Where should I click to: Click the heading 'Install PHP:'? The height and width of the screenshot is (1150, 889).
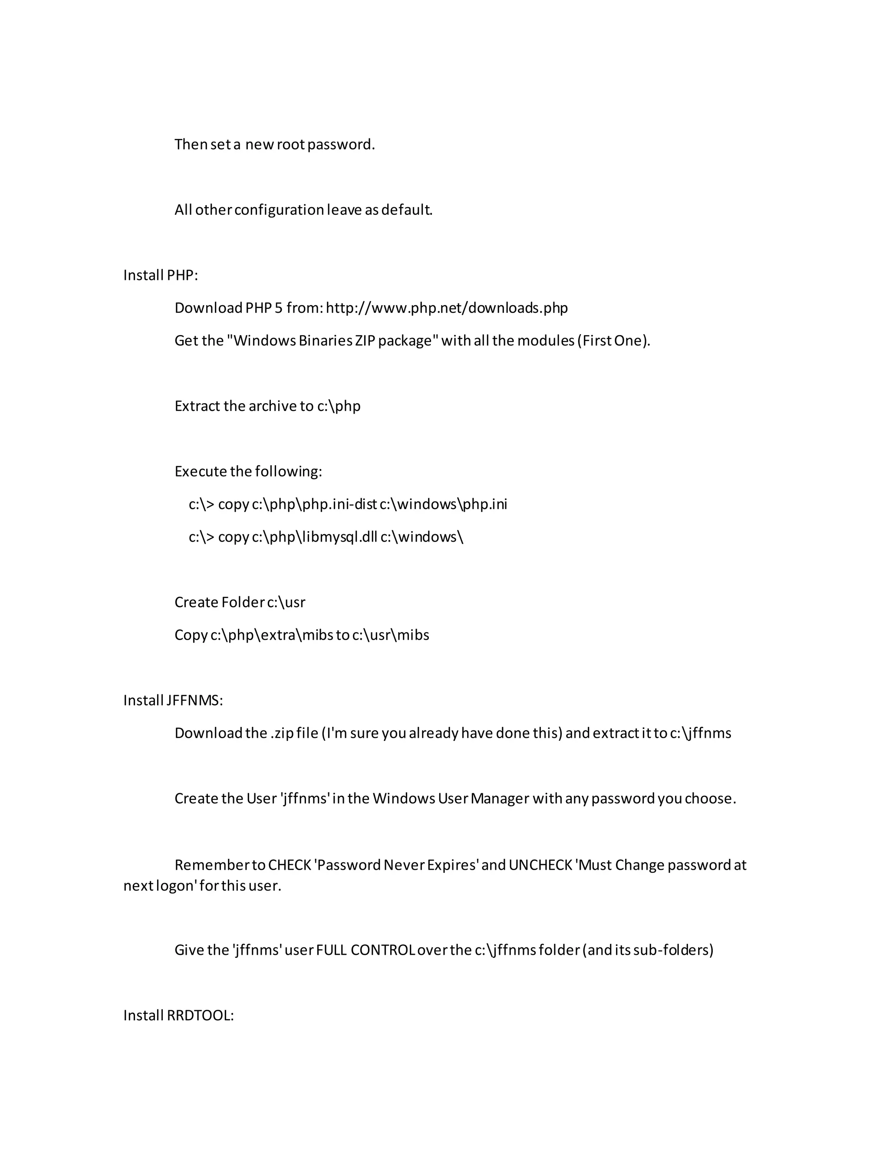(x=160, y=276)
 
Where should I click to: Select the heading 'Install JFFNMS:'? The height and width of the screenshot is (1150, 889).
(x=173, y=700)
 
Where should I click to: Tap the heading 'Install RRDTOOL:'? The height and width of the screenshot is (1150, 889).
(x=178, y=1015)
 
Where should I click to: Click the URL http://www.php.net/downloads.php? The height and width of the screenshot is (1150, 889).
(x=447, y=308)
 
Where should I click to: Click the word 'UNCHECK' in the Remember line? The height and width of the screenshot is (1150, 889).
(x=540, y=865)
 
